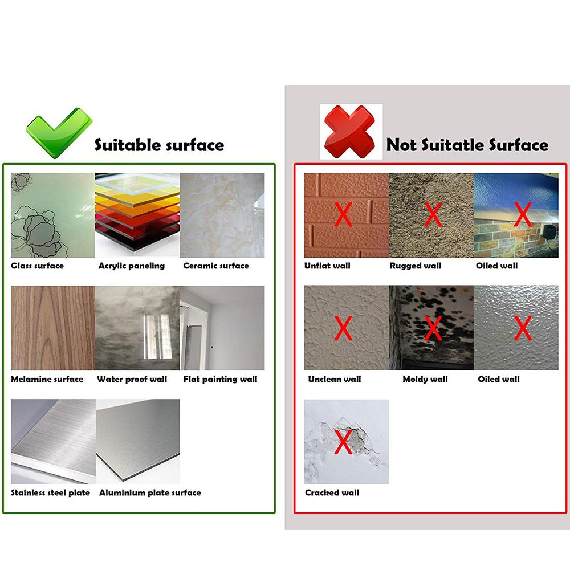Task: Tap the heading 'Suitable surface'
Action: (159, 145)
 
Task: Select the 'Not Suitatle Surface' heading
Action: (467, 145)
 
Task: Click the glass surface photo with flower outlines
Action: (52, 215)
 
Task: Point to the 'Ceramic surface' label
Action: (216, 266)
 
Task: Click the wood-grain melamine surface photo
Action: (52, 328)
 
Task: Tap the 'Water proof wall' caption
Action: (132, 379)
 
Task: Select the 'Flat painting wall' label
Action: (220, 379)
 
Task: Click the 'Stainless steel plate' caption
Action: (51, 492)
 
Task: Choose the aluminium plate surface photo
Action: (137, 442)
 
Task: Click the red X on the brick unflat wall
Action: (343, 214)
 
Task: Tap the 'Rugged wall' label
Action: (416, 266)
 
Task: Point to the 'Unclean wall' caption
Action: (335, 379)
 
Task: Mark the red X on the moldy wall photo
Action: (433, 328)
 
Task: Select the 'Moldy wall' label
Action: (425, 379)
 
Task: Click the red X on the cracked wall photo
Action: (343, 442)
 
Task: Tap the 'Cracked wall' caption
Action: (332, 492)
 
